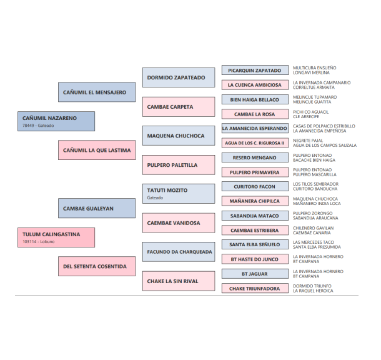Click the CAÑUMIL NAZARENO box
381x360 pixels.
[56, 121]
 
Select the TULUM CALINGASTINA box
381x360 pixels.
[56, 237]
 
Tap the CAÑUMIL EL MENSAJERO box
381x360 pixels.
[97, 92]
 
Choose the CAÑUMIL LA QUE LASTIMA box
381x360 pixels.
[97, 150]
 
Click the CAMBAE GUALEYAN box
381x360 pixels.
[97, 208]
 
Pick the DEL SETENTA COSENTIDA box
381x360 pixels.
[97, 266]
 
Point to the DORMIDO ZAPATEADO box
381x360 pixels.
[178, 77]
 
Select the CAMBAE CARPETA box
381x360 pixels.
[178, 107]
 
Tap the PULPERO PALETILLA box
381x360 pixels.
[178, 165]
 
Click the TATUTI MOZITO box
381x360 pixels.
[178, 193]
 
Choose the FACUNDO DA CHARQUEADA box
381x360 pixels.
[178, 252]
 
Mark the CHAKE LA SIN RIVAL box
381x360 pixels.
[178, 281]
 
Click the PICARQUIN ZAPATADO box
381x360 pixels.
[255, 71]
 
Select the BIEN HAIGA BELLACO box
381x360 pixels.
[255, 100]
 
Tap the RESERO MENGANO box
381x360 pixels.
[255, 158]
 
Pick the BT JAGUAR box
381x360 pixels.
[255, 274]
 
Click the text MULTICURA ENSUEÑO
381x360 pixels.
[315, 67]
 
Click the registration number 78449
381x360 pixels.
[28, 126]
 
